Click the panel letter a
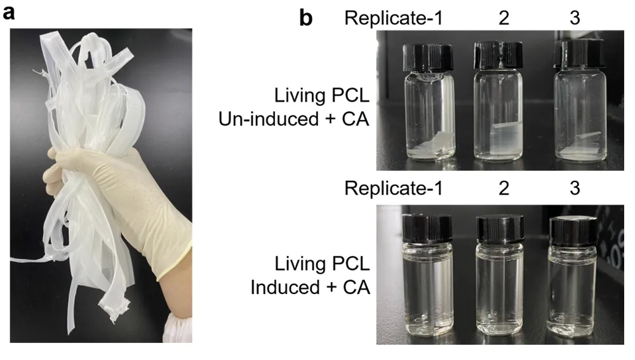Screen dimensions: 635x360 [x=8, y=13]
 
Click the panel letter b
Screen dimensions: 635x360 [x=306, y=18]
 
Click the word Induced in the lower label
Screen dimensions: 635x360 [x=285, y=287]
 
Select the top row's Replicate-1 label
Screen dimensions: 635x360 [x=394, y=18]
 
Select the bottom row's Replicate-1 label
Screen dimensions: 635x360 [x=394, y=189]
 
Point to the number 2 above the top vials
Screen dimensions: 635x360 [x=504, y=18]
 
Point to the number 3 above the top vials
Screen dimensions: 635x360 [x=575, y=18]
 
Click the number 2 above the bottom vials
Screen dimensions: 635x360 [x=504, y=189]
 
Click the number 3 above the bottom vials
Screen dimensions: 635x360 [x=575, y=189]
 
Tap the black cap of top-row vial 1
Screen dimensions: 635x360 [x=428, y=58]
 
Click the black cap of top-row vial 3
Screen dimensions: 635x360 [x=580, y=53]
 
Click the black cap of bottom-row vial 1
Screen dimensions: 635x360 [x=427, y=229]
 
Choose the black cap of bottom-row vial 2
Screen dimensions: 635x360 [x=500, y=230]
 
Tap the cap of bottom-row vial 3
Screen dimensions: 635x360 [x=572, y=231]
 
